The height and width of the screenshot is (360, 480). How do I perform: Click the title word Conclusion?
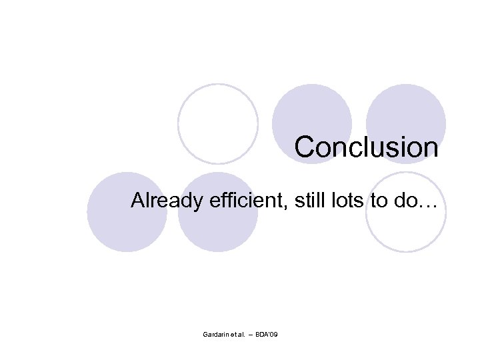(x=366, y=147)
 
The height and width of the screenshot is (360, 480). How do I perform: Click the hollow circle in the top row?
(x=218, y=123)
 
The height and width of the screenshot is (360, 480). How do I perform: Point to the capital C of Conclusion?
(x=305, y=147)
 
